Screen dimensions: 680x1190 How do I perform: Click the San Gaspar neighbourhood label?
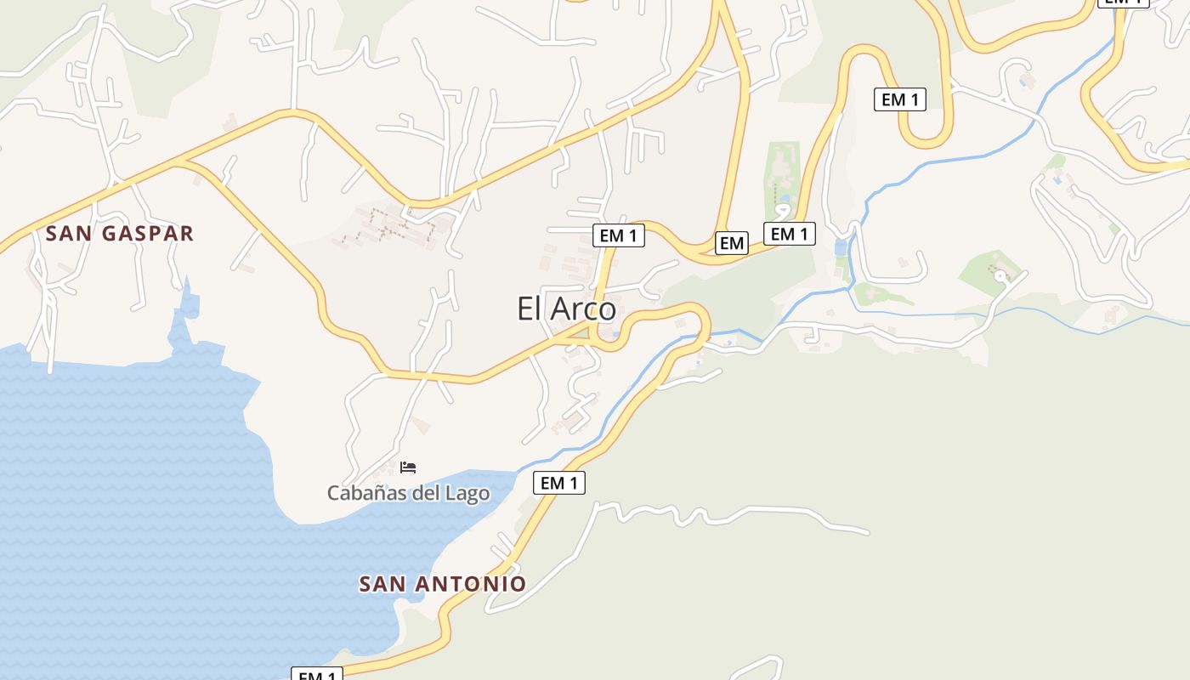[120, 233]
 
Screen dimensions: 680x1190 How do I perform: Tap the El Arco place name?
[566, 308]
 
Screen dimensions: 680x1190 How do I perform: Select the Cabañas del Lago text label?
[408, 493]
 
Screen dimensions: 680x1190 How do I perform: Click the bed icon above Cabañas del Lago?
[408, 467]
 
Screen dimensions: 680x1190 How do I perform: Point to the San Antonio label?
[442, 584]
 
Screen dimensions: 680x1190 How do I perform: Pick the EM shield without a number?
[731, 243]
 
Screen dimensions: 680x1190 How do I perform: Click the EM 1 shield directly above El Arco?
[618, 235]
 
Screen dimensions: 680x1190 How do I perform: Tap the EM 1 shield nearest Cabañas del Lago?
[559, 483]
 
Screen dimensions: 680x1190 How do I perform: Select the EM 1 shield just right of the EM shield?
[789, 233]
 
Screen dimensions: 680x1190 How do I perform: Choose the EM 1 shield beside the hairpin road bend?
[899, 99]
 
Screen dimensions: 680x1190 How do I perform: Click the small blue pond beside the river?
[841, 247]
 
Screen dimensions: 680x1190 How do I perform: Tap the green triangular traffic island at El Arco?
[581, 333]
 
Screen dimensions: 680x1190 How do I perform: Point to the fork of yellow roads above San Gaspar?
[181, 161]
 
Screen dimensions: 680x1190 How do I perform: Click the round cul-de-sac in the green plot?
[1000, 275]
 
